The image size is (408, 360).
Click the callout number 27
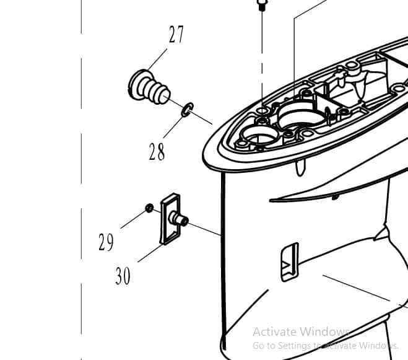coord(176,34)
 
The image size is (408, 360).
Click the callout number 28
coord(157,152)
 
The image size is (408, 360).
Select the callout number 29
coord(106,242)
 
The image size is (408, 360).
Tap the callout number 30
coord(123,276)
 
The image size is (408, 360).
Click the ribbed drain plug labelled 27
coord(149,88)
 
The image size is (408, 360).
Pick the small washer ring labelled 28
coord(188,110)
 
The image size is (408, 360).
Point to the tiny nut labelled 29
coord(149,208)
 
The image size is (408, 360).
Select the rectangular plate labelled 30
coord(170,219)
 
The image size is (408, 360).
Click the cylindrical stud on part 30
coord(180,219)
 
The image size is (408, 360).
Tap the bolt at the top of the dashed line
coord(262,4)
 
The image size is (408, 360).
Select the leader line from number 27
coord(157,59)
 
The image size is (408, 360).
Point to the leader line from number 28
coord(173,128)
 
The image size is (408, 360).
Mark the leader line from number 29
coord(133,219)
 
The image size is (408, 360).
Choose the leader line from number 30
coord(150,253)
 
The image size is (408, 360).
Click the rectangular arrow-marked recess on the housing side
coord(290,262)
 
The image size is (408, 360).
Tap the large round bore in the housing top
coord(302,116)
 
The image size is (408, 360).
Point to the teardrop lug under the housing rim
coord(300,168)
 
